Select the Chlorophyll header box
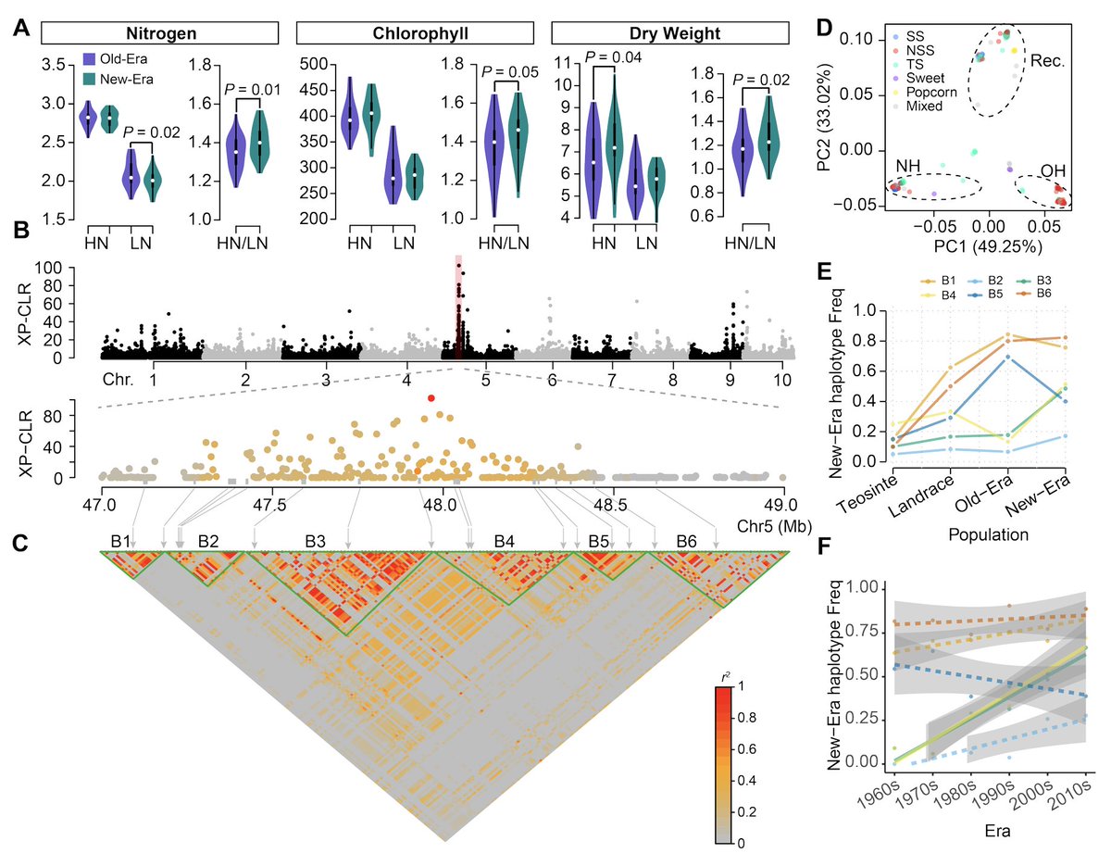pyautogui.click(x=415, y=34)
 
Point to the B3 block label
pyautogui.click(x=316, y=540)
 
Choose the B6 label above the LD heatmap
pyautogui.click(x=686, y=540)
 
